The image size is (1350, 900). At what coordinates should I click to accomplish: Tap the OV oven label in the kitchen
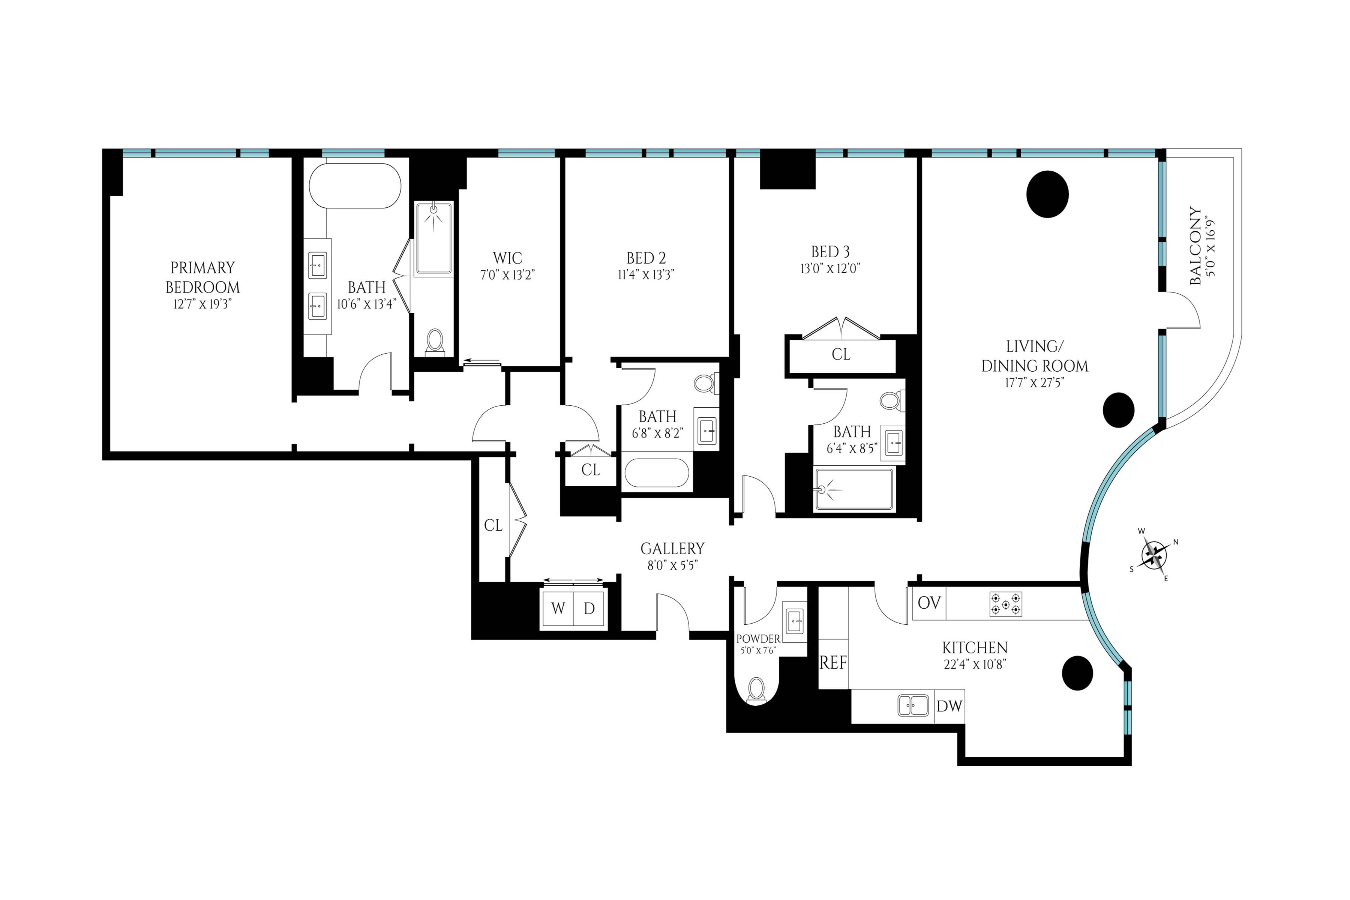(x=929, y=603)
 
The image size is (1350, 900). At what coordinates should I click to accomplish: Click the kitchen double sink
(x=913, y=705)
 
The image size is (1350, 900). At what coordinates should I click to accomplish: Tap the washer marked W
(x=558, y=608)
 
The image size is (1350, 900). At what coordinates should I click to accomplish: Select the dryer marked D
(x=589, y=608)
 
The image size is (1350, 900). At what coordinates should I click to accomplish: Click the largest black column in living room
(x=1047, y=194)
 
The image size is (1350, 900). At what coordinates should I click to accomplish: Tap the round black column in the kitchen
(x=1077, y=673)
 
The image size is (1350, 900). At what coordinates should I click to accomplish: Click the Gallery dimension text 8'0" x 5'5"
(x=672, y=566)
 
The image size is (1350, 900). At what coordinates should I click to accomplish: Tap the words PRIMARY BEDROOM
(x=202, y=277)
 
